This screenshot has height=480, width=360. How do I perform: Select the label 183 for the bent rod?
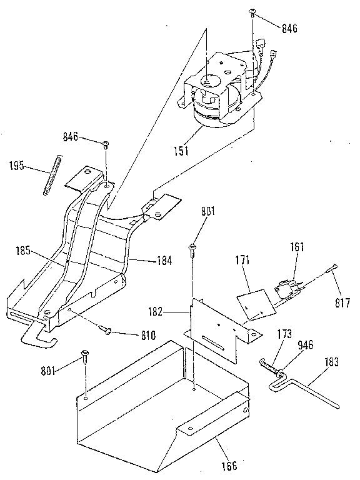coord(332,361)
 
